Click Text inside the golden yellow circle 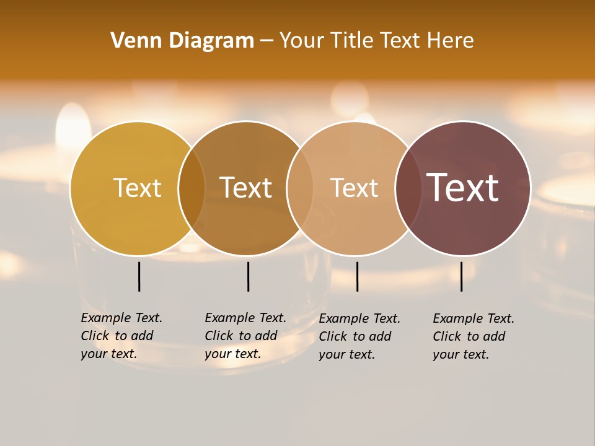pos(137,188)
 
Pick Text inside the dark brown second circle pos(246,188)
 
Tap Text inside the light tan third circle pos(354,188)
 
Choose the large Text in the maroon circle pos(463,187)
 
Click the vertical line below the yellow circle pos(139,276)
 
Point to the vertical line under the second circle pos(248,276)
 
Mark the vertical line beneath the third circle pos(357,276)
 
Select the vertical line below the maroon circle pos(462,276)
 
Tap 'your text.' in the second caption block pos(232,354)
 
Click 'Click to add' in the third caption pos(355,336)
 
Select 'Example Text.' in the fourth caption pos(474,318)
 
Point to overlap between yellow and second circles pos(192,188)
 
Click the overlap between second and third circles pos(300,188)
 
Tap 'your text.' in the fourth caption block pos(461,354)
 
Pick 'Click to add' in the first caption pos(117,336)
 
